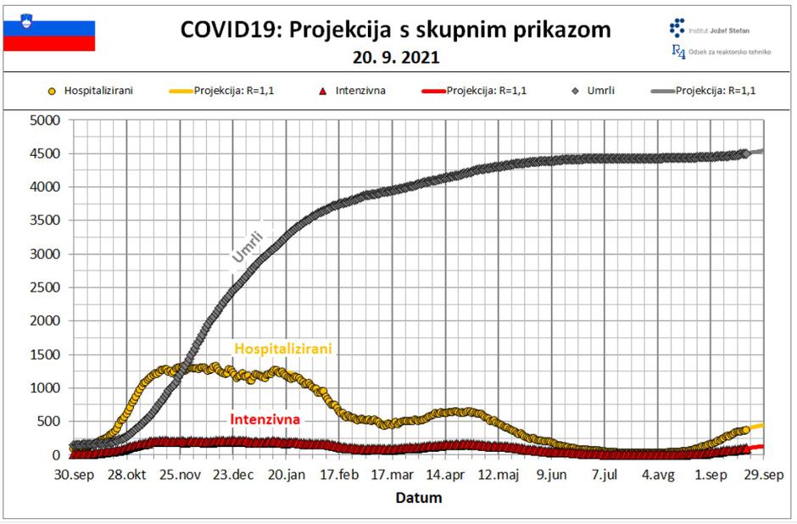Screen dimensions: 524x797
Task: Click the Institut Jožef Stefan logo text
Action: click(722, 30)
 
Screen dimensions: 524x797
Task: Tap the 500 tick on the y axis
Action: click(51, 421)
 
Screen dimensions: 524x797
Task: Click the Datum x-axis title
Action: click(418, 498)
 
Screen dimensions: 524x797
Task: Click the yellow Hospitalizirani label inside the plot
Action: click(282, 348)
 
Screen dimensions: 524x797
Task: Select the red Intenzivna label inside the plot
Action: click(265, 419)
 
